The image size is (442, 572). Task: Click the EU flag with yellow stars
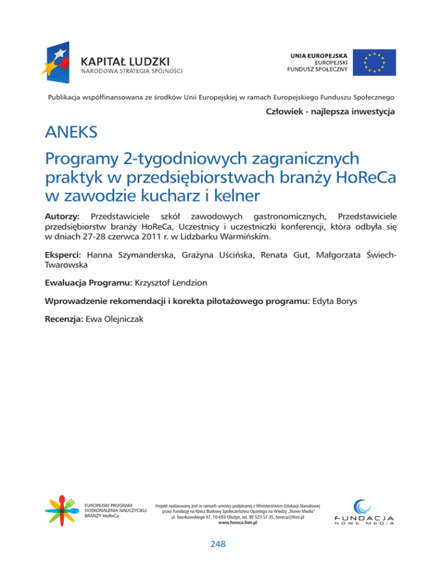coord(374,63)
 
